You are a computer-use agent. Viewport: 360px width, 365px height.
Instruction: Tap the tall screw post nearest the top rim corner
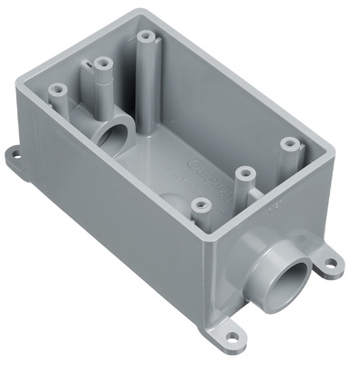coord(146,38)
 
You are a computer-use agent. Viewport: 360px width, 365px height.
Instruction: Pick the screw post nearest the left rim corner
coord(57,91)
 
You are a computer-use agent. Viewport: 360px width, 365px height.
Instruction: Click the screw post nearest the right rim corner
coord(290,143)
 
